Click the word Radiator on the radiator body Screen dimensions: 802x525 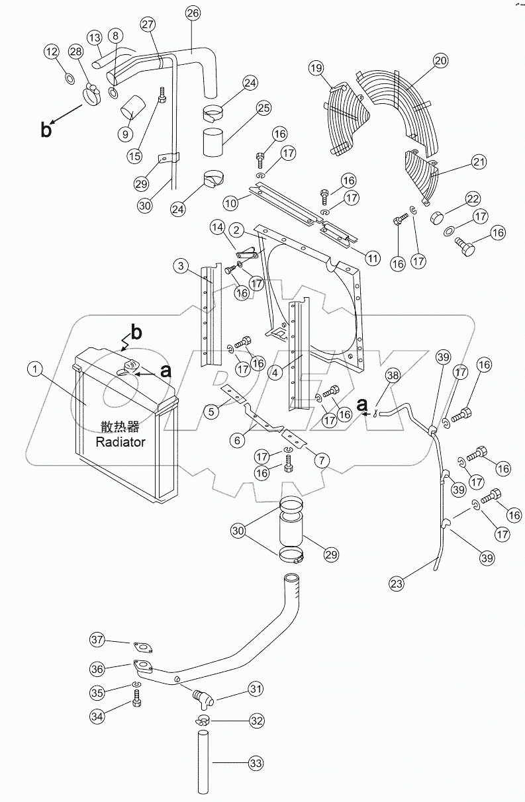point(120,442)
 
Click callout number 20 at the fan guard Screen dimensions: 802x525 point(441,61)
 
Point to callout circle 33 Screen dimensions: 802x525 point(255,764)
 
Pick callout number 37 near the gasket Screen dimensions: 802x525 point(98,639)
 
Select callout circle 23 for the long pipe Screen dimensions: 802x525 point(396,583)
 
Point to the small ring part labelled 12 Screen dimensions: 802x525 point(70,79)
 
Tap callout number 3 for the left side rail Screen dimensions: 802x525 point(181,266)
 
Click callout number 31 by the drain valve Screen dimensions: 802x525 point(256,689)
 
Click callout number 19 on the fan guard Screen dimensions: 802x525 point(316,67)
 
